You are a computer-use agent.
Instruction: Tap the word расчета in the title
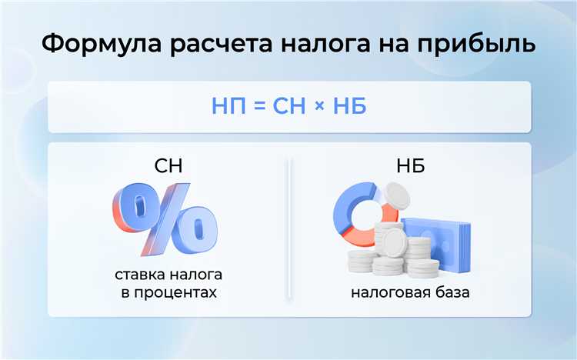pos(224,44)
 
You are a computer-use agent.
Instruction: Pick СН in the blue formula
pos(288,105)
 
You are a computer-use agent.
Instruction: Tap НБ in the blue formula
pos(349,105)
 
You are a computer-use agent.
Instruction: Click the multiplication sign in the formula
pos(319,106)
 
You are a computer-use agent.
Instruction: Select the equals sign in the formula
pos(258,106)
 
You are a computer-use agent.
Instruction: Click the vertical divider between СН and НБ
pos(288,231)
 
